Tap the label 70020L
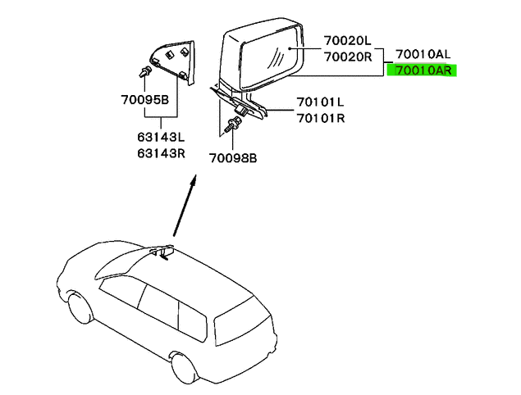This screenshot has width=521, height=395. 348,39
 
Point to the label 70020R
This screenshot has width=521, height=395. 348,57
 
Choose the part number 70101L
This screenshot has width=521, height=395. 322,104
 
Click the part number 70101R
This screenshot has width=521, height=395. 322,118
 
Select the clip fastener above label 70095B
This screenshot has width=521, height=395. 145,71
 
